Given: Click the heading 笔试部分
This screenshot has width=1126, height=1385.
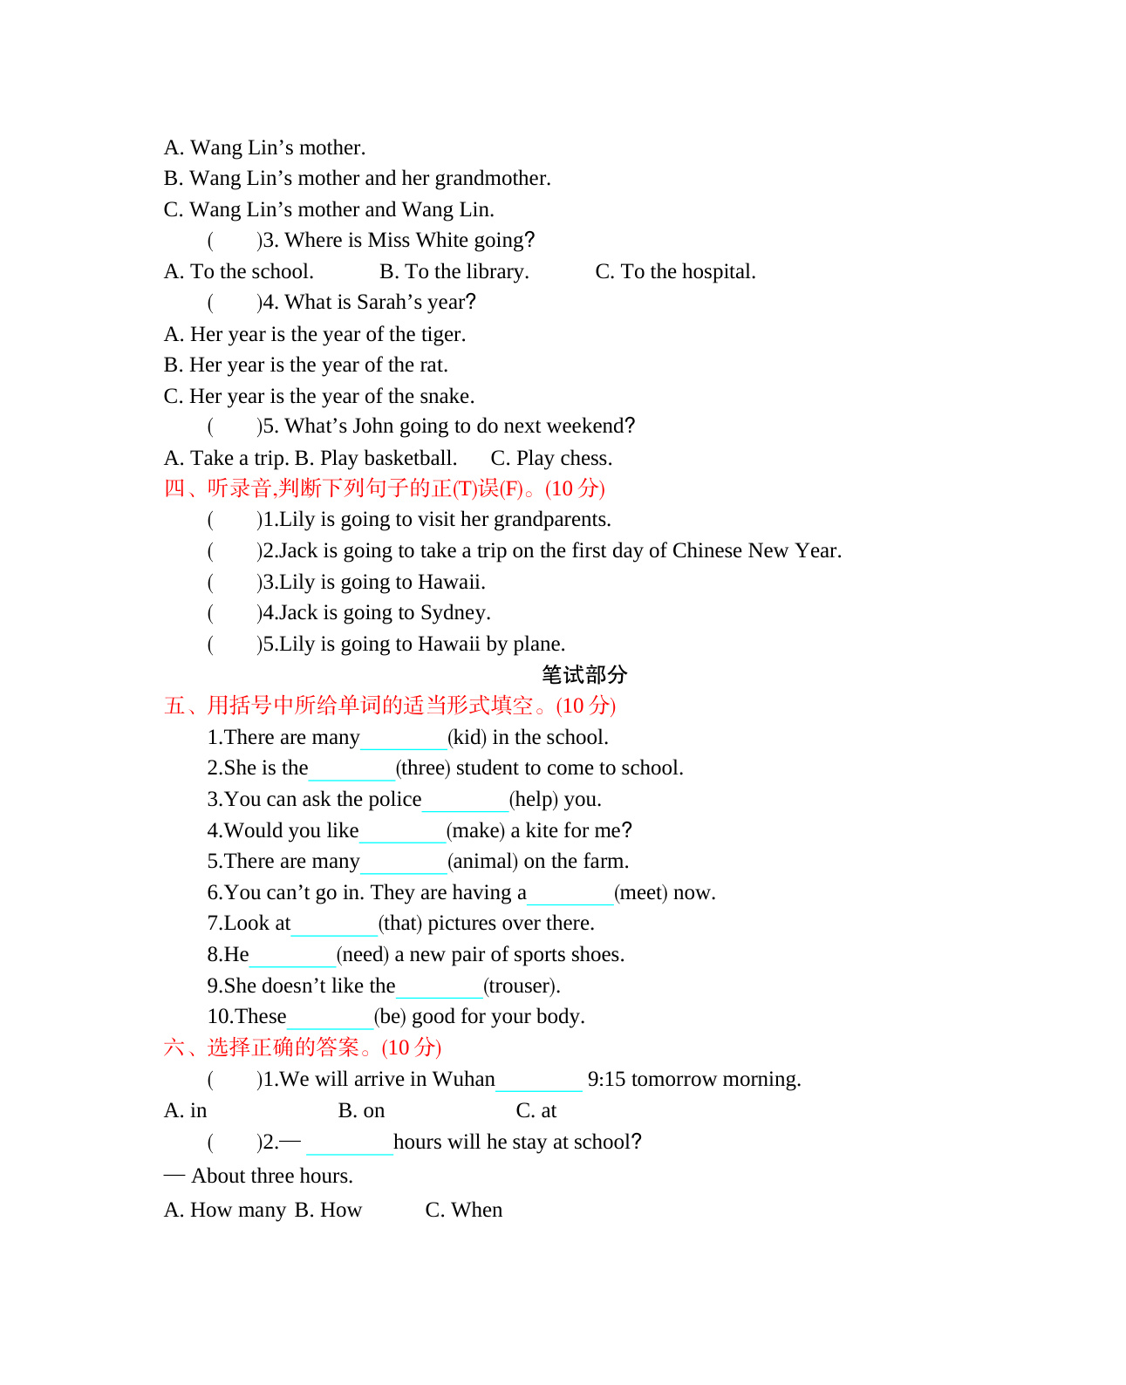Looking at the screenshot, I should (x=583, y=674).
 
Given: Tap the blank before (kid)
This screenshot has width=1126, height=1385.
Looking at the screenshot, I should (x=403, y=740).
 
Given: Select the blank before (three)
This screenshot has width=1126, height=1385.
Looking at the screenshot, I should (x=351, y=770).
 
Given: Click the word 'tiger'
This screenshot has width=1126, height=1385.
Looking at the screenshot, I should (x=444, y=335).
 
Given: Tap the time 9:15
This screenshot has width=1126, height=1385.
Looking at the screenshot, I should (x=606, y=1080).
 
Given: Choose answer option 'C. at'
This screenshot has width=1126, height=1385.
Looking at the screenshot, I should (x=536, y=1111).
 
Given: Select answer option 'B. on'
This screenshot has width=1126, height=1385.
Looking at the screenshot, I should (x=361, y=1111).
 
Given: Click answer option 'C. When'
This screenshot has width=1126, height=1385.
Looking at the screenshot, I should (x=463, y=1211).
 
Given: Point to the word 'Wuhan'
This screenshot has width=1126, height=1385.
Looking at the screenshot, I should (x=463, y=1080).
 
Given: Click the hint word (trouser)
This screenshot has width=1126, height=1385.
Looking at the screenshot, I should (x=521, y=986).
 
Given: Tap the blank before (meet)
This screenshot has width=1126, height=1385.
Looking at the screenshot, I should (x=570, y=895).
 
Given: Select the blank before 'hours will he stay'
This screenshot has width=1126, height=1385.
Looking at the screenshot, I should (x=349, y=1144).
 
